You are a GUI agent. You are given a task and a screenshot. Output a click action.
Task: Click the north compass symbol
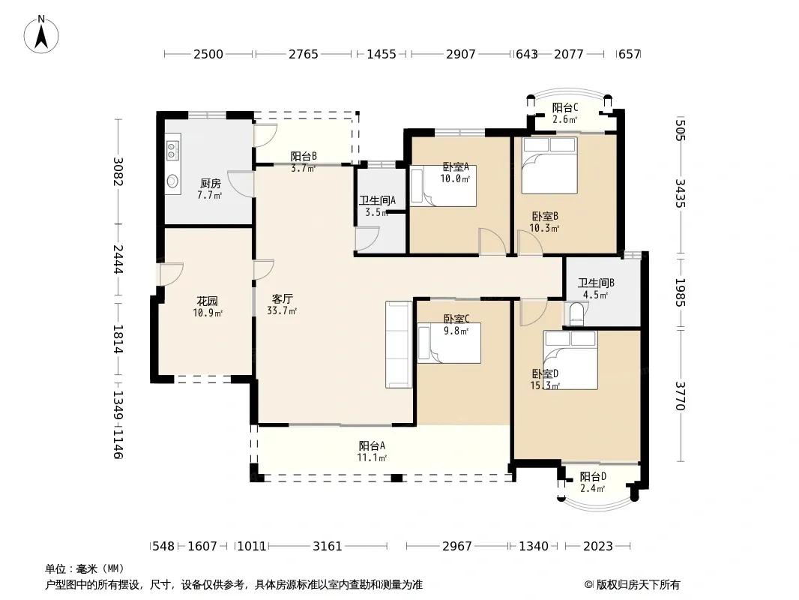[x=41, y=34]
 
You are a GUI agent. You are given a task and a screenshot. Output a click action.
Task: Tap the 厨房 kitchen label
[x=210, y=184]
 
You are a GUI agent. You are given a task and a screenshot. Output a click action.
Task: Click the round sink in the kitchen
[x=172, y=181]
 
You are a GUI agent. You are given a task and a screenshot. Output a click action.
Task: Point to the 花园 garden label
[x=208, y=301]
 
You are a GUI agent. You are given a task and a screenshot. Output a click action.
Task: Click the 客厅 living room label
[x=282, y=299]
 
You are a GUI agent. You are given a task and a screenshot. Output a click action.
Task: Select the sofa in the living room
[x=399, y=344]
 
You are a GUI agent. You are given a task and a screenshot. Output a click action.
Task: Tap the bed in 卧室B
[x=549, y=165]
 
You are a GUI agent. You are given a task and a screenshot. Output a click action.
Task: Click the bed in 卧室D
[x=570, y=360]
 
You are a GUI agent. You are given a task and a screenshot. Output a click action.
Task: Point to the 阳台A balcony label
[x=372, y=446]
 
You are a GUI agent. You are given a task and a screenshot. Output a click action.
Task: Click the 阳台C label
[x=564, y=108]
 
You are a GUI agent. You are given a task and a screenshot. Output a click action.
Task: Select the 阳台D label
[x=593, y=477]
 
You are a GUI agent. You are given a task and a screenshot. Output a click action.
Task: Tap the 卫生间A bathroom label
[x=377, y=201]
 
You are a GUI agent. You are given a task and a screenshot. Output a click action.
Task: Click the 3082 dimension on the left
[x=118, y=171]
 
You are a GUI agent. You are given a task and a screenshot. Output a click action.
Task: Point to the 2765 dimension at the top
[x=304, y=54]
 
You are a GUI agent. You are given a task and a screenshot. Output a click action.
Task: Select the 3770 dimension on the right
[x=681, y=395]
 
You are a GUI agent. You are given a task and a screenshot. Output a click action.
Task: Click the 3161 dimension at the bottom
[x=327, y=547]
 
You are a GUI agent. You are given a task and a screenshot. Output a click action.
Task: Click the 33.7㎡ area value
[x=282, y=310]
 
